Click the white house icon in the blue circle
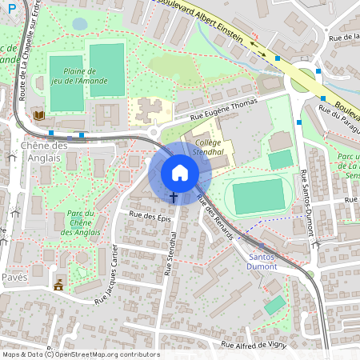point(180,173)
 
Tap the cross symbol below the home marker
point(173,196)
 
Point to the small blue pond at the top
point(79,24)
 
